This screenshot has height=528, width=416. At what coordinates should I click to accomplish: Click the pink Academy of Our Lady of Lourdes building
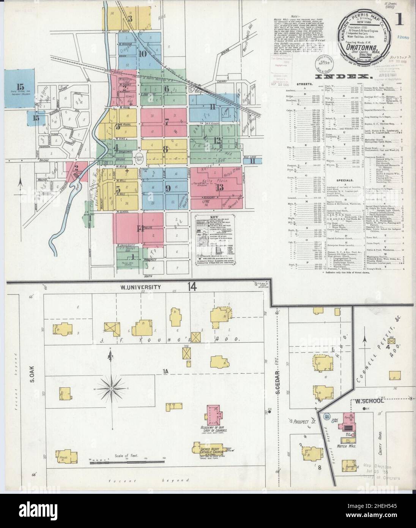click(x=214, y=416)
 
